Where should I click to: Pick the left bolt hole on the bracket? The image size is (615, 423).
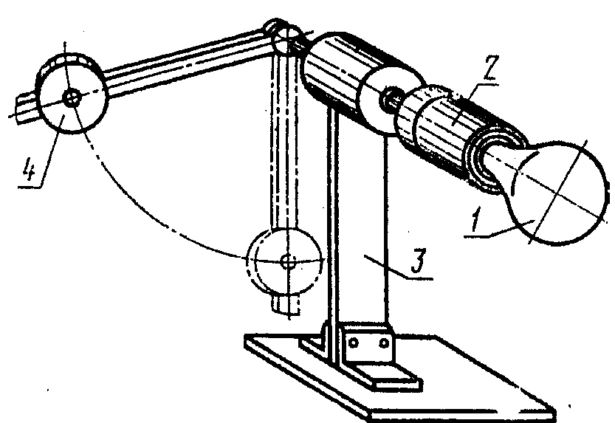tap(353, 343)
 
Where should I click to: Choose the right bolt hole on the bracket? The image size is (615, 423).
tap(384, 343)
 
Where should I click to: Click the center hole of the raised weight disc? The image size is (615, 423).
tap(72, 98)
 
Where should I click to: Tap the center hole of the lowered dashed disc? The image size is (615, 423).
tap(289, 261)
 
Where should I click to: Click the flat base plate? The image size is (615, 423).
tap(396, 376)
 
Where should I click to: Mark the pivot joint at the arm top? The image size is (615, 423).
tap(286, 37)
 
